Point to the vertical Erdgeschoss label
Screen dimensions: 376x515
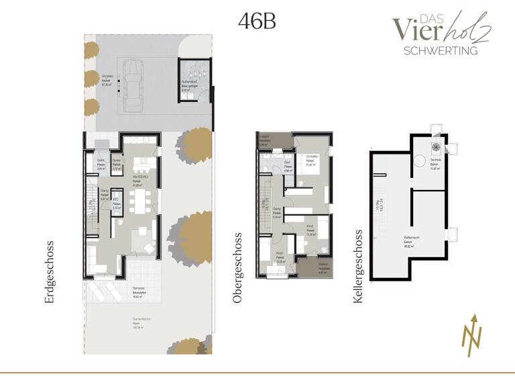pyautogui.click(x=50, y=272)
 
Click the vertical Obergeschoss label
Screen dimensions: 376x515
pyautogui.click(x=237, y=269)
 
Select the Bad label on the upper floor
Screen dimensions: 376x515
pyautogui.click(x=286, y=163)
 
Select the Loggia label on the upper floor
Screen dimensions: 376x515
pyautogui.click(x=264, y=136)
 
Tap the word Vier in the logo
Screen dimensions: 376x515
pyautogui.click(x=412, y=29)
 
